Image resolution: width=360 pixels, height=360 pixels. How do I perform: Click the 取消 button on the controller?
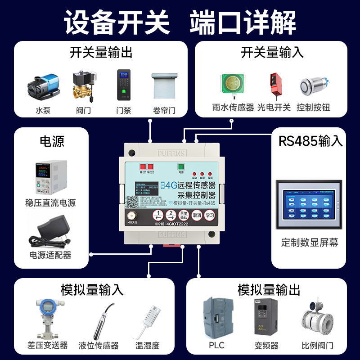(197, 215)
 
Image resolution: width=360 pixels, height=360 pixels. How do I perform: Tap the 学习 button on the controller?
(210, 215)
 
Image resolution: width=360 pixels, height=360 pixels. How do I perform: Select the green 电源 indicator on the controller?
(181, 166)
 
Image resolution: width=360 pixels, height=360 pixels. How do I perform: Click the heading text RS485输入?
(310, 141)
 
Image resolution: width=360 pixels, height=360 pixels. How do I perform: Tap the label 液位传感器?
(99, 346)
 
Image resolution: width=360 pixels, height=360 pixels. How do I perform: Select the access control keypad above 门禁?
(124, 84)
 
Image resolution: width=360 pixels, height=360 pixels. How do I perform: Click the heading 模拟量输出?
(269, 290)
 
